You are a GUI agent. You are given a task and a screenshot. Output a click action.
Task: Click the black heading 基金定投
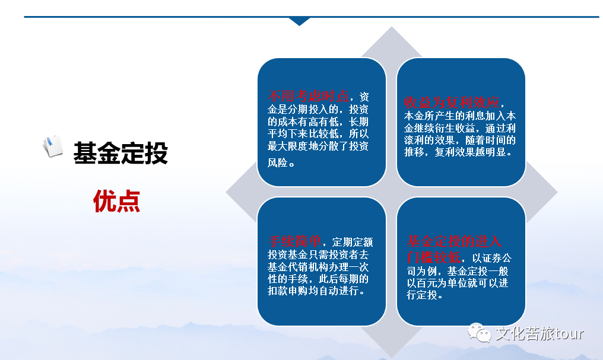(120, 153)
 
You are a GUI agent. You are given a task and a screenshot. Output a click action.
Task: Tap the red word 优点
(116, 201)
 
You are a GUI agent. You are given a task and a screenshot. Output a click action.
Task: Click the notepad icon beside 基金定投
(53, 146)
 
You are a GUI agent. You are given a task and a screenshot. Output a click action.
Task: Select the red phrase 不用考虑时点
(309, 95)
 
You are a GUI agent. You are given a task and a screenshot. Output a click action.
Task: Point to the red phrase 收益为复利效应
(452, 102)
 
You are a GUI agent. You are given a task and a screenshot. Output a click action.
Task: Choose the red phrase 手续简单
(294, 241)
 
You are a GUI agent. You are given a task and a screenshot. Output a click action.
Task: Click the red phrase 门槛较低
(434, 257)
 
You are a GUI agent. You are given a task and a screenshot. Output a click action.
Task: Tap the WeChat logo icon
(479, 333)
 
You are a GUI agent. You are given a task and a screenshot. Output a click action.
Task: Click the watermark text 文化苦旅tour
(539, 333)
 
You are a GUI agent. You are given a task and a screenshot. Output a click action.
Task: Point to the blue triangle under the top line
(299, 21)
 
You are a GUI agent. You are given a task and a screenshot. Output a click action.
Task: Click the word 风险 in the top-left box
(278, 163)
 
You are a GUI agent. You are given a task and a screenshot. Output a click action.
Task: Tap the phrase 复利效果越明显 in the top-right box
(470, 152)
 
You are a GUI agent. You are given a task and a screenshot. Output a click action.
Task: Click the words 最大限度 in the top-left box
(288, 146)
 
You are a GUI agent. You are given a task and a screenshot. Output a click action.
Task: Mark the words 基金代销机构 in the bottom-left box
(298, 267)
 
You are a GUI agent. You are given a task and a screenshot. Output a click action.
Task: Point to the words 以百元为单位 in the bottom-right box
(437, 283)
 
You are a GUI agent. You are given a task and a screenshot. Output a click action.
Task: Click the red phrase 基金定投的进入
(454, 241)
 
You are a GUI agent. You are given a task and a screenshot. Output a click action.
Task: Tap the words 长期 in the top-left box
(359, 122)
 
